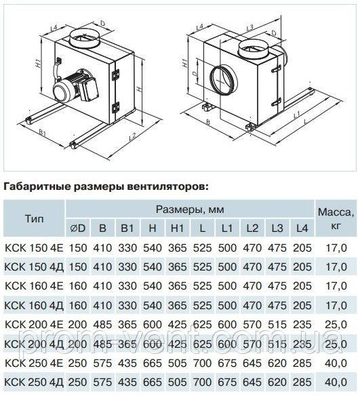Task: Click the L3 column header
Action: coord(277,229)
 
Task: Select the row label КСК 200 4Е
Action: coord(34,325)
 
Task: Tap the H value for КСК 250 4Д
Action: coord(153,382)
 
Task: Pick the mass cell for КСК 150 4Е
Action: coord(336,248)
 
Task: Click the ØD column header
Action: coord(78,229)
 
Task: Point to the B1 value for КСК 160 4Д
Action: coord(127,306)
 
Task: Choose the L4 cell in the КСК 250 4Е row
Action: coord(302,363)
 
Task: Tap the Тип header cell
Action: coord(35,219)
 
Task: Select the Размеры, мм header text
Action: coord(190,210)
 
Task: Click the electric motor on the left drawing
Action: coord(75,87)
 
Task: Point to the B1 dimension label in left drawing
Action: coord(42,133)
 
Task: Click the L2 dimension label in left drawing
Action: coord(132,136)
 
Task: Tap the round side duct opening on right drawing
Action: coord(224,79)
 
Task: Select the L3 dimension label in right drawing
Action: coord(249,27)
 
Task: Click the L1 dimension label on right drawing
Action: coord(297,115)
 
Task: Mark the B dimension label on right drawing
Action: coord(208,122)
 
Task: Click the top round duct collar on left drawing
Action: coord(85,39)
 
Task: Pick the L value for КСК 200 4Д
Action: coord(202,344)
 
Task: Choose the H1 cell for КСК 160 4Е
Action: coord(177,286)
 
